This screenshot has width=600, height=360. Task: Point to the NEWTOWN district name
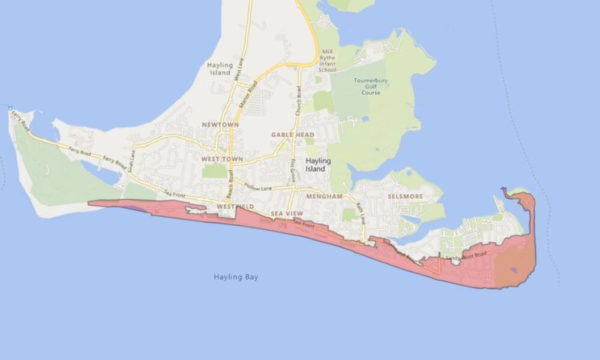point(220,125)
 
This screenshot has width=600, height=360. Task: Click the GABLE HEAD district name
point(293,135)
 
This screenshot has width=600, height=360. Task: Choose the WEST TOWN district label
point(221,159)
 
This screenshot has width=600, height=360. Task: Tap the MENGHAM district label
point(323,196)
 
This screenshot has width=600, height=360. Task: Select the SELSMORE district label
point(404,196)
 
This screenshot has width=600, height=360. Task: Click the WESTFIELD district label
point(235,207)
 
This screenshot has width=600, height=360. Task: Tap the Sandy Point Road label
point(470,257)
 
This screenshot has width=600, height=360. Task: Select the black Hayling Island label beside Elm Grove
point(316,165)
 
